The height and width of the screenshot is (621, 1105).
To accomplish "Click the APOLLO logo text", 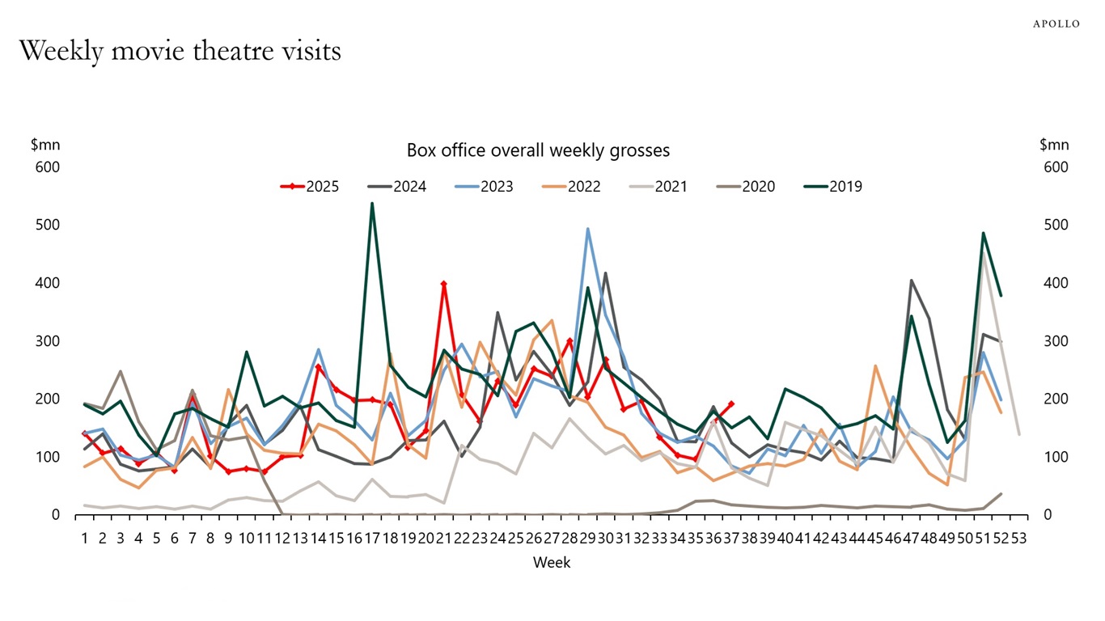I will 1056,24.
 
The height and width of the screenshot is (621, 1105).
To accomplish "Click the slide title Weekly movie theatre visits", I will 180,51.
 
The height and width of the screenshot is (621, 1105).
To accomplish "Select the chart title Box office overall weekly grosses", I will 538,150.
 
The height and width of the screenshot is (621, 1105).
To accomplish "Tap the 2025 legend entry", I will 310,187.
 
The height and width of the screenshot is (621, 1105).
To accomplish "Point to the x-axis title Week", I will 552,563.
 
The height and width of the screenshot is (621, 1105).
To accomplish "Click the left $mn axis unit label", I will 45,146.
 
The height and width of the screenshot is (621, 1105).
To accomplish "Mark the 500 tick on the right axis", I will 1054,225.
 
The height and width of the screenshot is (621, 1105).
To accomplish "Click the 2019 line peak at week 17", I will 372,204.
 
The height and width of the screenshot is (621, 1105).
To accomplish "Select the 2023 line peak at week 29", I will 587,229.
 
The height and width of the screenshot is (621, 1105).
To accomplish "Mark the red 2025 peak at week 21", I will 444,284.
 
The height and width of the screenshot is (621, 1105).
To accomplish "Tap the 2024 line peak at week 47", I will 912,281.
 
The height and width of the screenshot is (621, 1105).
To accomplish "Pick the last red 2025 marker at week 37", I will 731,403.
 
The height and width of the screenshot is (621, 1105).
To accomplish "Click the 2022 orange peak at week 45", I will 875,366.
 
